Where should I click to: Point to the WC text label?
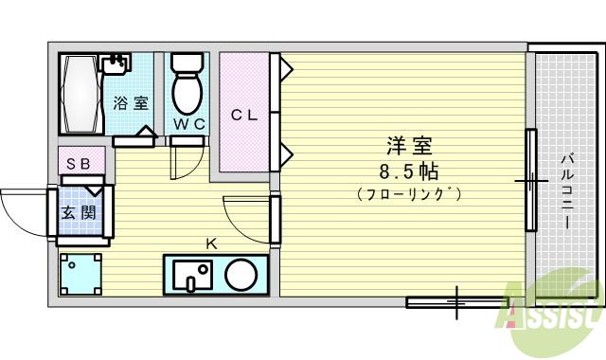[x=188, y=123]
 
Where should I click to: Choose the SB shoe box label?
[x=78, y=163]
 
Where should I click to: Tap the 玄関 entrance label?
[x=78, y=213]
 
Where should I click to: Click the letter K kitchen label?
[x=212, y=243]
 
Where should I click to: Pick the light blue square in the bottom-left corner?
[x=80, y=276]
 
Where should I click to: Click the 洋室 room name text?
[x=409, y=147]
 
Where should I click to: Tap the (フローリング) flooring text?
[x=409, y=195]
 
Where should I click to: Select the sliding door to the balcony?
[x=531, y=179]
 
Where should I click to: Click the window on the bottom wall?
[x=452, y=303]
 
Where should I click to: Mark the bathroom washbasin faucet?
[x=116, y=63]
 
